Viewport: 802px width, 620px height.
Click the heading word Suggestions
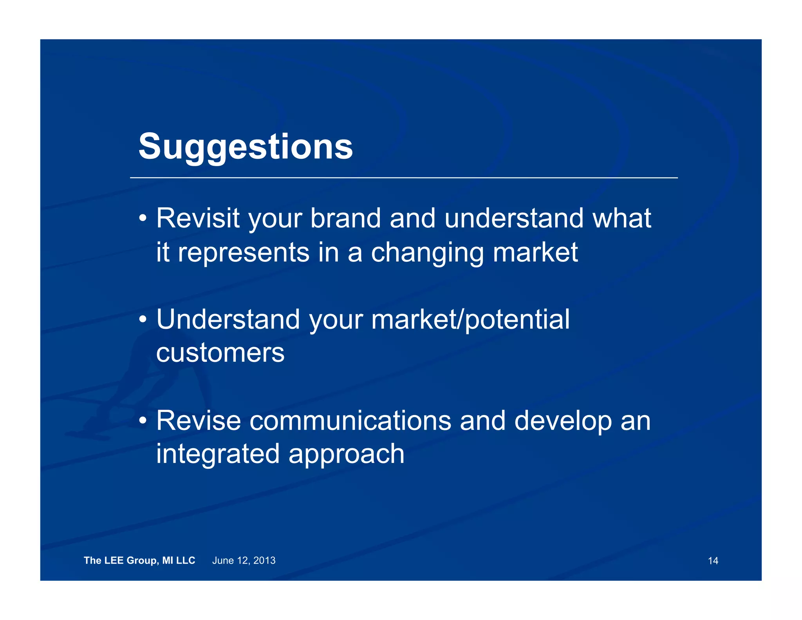[246, 147]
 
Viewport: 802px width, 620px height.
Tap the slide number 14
[713, 561]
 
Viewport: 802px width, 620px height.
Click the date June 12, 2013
[244, 560]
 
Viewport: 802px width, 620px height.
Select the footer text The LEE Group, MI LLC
[139, 560]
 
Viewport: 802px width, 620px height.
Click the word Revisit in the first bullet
[198, 218]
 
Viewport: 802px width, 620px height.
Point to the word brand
[345, 218]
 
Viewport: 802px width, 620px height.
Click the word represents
[244, 253]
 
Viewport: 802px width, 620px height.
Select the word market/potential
[470, 319]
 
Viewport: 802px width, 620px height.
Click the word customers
[220, 353]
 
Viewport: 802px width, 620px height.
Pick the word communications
[350, 421]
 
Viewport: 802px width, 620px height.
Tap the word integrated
[218, 454]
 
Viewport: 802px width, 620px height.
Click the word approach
[346, 454]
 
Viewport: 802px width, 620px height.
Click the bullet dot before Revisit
[143, 218]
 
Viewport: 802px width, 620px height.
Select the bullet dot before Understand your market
[143, 319]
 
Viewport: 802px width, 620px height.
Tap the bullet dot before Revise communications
[143, 421]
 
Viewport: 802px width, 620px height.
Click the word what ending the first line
[622, 218]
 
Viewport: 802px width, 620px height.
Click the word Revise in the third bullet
[199, 421]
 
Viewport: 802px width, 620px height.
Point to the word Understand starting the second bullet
[228, 319]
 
